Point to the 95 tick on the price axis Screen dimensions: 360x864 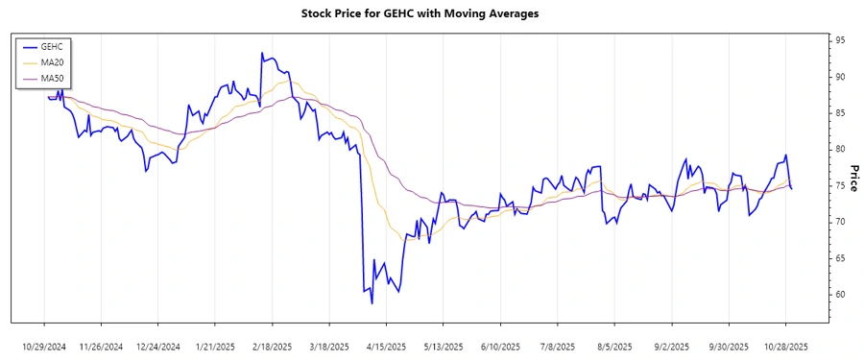[x=840, y=40]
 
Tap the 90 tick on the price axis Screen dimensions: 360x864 [x=840, y=77]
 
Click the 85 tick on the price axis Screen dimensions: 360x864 [x=840, y=113]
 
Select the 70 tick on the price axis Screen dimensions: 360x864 [x=840, y=222]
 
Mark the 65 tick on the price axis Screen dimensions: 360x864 [x=840, y=258]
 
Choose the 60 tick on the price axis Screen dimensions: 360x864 [x=840, y=295]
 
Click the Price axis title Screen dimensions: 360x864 [x=854, y=179]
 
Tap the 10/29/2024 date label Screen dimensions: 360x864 [x=44, y=346]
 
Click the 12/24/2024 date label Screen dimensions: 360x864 [x=158, y=346]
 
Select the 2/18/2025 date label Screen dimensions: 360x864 [x=272, y=346]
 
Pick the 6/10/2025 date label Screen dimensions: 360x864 [x=500, y=346]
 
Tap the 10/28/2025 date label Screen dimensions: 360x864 [x=785, y=346]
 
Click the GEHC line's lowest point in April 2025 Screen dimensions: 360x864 [x=372, y=303]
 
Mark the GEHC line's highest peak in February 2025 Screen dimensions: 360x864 [x=262, y=53]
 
